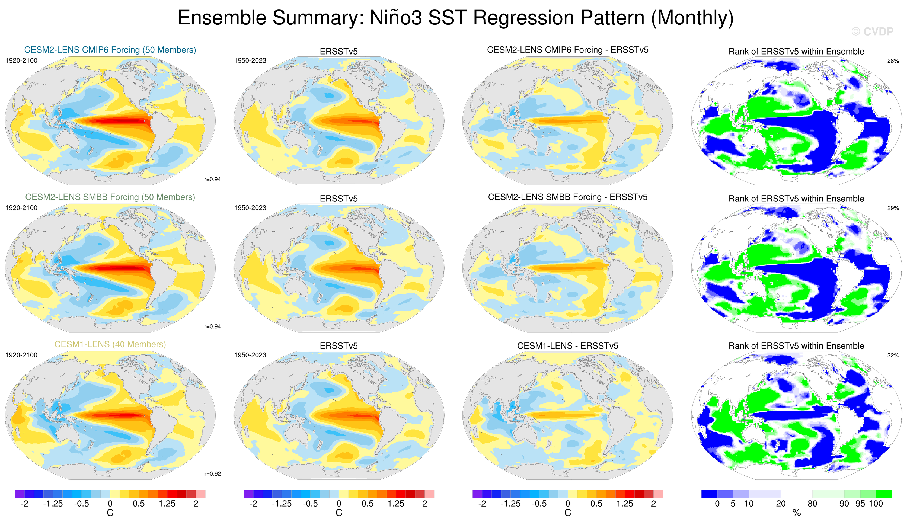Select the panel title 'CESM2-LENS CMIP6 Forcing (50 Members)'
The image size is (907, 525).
coord(110,50)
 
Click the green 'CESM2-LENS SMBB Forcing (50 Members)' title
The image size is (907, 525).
coord(110,197)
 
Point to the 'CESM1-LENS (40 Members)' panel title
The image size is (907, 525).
coord(110,344)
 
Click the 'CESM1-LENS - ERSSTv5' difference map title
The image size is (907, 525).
coord(568,345)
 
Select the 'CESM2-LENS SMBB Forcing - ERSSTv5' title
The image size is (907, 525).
coord(568,197)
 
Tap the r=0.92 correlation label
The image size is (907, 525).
coord(212,473)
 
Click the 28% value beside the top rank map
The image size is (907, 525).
coord(893,61)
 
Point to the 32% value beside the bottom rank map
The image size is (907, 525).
coord(893,355)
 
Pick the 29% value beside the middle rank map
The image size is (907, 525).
coord(893,208)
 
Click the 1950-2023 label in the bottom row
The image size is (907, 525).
coord(250,355)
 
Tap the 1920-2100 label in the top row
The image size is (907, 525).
coord(21,60)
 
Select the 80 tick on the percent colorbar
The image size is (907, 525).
coord(812,503)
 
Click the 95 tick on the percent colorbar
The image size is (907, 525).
coord(860,503)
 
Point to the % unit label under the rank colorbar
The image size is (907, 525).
coord(797,513)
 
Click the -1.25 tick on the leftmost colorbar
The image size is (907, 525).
coord(53,503)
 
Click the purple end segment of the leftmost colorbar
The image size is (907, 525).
coord(20,494)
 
